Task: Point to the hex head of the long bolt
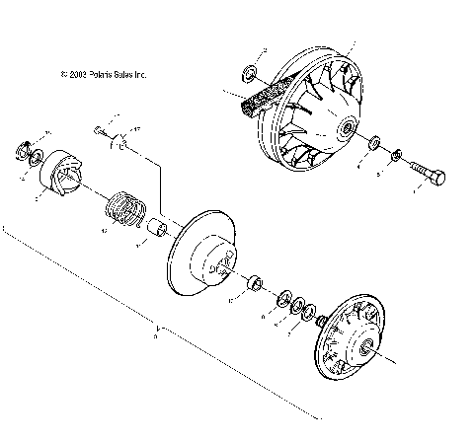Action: coord(435,178)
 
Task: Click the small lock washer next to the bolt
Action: coord(395,154)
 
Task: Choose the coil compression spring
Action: coord(126,209)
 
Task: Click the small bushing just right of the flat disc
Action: coord(255,284)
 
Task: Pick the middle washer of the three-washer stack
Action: coord(295,306)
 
